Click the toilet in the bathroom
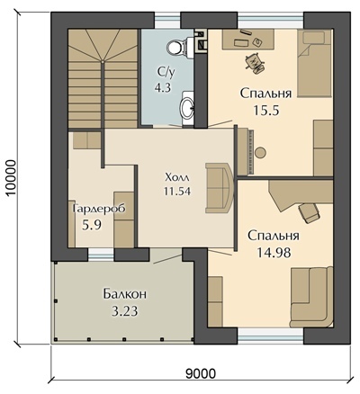[x=177, y=45]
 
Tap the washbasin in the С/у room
[x=187, y=107]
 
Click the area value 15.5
[x=266, y=111]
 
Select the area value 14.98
[x=274, y=253]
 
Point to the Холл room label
[x=177, y=177]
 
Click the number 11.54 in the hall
[x=177, y=191]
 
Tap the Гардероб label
[x=99, y=209]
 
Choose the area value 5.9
[x=92, y=224]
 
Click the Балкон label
[x=125, y=294]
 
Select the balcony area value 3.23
[x=125, y=311]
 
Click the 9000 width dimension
[x=201, y=373]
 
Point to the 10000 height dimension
[x=11, y=177]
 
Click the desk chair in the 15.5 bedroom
[x=255, y=63]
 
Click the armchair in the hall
[x=219, y=188]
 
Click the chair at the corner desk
[x=309, y=213]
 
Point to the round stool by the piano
[x=261, y=153]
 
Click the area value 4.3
[x=163, y=88]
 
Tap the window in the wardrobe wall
[x=101, y=255]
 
